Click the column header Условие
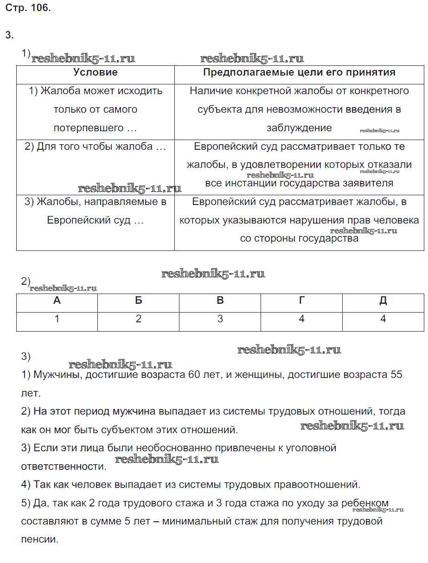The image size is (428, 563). tap(96, 72)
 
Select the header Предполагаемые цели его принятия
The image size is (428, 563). tap(299, 72)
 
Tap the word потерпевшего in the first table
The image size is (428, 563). tap(89, 128)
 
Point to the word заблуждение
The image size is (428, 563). tap(299, 128)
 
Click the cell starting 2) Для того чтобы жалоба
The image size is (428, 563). tap(95, 147)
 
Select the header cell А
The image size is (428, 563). tap(57, 301)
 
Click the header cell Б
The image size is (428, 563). tap(138, 301)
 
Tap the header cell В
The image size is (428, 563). tap(220, 301)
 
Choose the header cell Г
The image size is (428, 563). tap(301, 301)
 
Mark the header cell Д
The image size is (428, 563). tap(383, 301)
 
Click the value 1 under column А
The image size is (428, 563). tap(57, 319)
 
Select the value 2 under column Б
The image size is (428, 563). tap(138, 319)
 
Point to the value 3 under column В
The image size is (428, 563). tap(220, 319)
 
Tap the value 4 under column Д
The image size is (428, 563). tap(383, 319)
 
